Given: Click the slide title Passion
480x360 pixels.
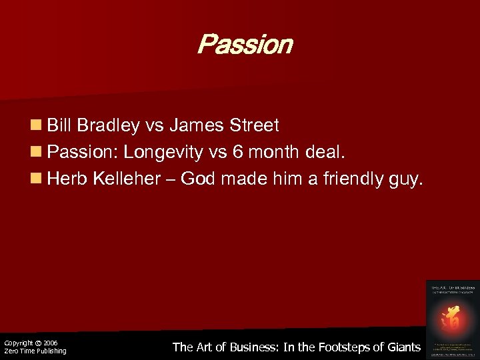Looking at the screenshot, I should click(245, 45).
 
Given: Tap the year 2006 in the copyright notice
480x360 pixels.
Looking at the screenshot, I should click(51, 343).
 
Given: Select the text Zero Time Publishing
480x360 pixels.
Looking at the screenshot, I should click(35, 351).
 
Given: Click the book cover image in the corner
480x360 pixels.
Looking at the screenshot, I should click(451, 317).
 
